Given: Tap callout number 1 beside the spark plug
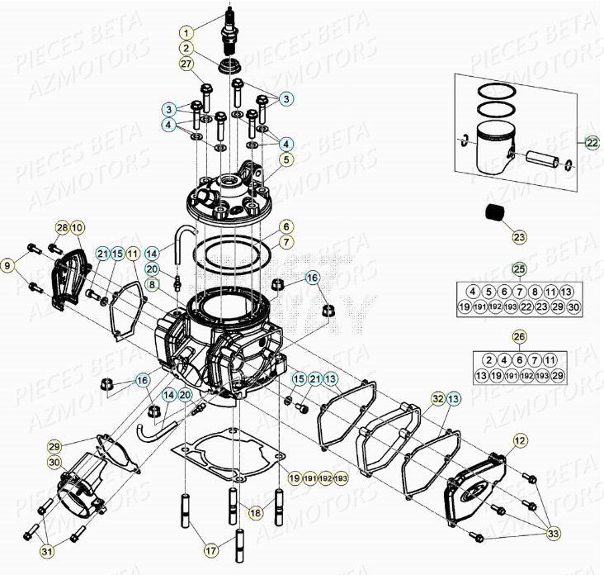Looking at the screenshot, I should [x=187, y=32].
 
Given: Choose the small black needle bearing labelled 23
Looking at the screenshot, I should [x=495, y=211].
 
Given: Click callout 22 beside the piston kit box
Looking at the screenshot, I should [x=592, y=142].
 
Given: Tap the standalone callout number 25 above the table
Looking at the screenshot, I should [x=518, y=268].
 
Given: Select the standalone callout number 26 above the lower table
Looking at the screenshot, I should [x=518, y=336].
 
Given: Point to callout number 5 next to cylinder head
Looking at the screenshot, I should [x=285, y=159].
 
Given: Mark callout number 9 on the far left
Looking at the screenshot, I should [x=7, y=264].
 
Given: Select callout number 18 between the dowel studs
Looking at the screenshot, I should [x=256, y=513].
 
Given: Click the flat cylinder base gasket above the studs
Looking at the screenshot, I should [x=227, y=459].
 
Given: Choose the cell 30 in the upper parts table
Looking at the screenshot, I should [x=574, y=307].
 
